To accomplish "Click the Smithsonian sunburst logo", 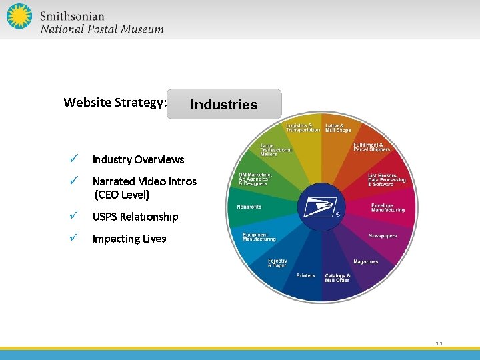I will point(19,17).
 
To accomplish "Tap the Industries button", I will point(224,105).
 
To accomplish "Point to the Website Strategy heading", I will point(115,103).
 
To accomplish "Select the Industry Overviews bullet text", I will point(138,159).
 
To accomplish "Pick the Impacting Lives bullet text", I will point(129,239).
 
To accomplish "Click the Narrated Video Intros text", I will point(144,181).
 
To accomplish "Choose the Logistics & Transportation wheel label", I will point(303,127).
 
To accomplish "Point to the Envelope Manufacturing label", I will point(388,207).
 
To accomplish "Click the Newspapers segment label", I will point(384,236).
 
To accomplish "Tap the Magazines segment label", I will point(365,261).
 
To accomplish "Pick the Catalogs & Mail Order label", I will point(337,277).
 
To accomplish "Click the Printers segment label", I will point(306,275).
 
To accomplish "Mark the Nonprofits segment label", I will point(249,207).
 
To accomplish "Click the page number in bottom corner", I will point(439,344).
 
